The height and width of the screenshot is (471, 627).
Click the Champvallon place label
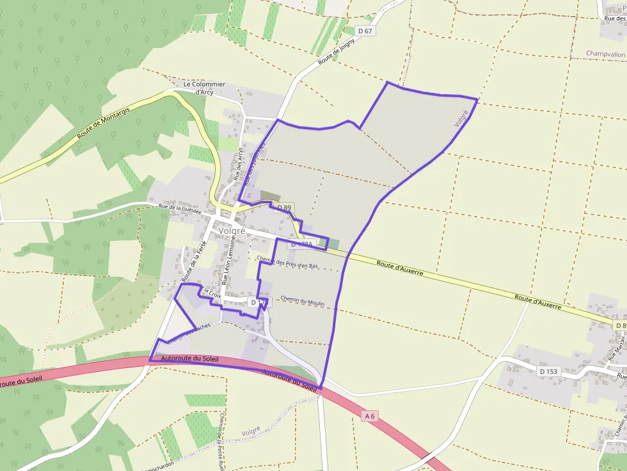605,55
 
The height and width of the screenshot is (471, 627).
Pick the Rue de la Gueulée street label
180,208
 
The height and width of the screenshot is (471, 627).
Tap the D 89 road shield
284,208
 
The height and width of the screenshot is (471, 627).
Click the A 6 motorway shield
369,416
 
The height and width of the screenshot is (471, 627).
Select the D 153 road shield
548,371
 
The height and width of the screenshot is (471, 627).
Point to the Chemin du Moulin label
303,301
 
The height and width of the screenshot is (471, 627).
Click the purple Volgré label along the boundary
461,118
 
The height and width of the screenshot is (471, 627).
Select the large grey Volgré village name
232,231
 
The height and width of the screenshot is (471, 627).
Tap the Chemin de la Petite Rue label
221,442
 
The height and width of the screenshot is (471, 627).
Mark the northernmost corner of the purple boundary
387,82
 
